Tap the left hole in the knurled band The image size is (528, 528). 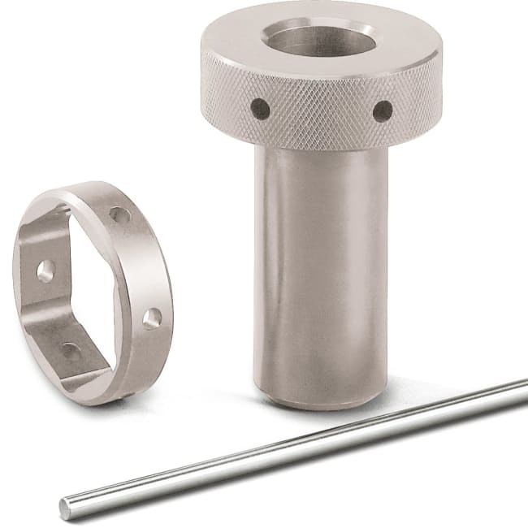point(260,106)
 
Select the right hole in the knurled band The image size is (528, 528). point(382,110)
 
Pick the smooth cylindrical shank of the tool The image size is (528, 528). point(321,268)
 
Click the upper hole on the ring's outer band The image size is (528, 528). point(119,215)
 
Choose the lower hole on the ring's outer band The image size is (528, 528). point(151,318)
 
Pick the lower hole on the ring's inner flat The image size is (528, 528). point(71,352)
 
